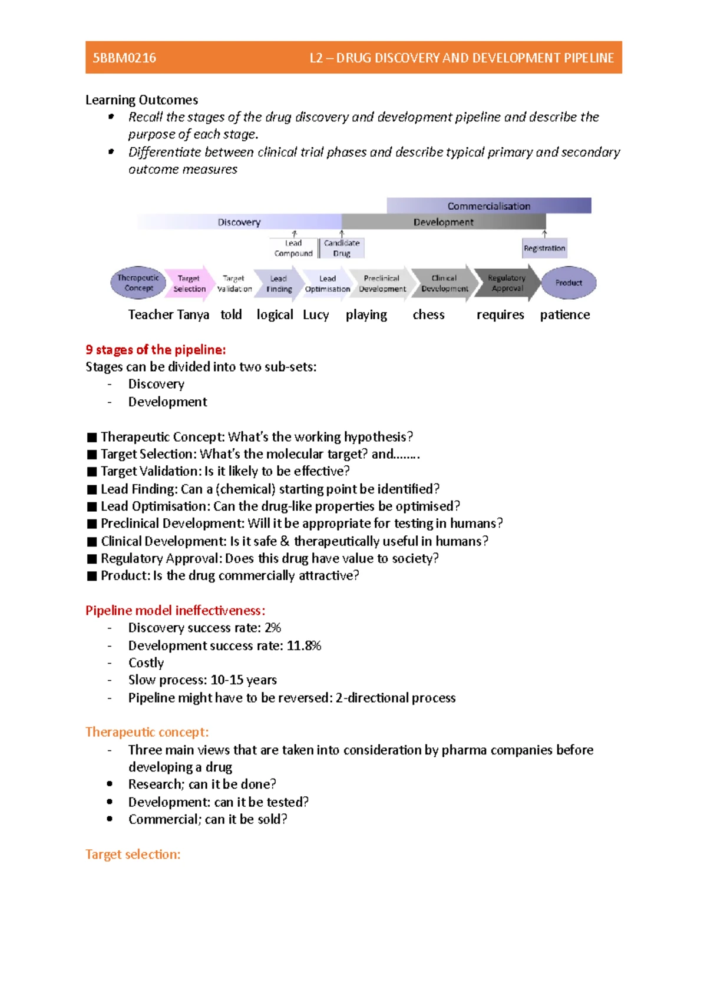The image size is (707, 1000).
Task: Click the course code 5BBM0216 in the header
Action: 124,58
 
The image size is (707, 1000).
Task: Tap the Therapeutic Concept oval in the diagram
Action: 138,283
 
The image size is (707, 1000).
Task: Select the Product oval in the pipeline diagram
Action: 569,283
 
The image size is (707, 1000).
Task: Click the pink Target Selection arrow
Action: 189,283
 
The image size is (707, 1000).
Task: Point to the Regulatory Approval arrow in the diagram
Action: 507,283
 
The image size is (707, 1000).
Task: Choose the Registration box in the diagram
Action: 544,248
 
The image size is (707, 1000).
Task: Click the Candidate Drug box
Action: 342,248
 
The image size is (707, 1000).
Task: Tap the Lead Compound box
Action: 293,248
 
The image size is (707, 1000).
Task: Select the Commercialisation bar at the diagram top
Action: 488,206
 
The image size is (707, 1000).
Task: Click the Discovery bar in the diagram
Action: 239,222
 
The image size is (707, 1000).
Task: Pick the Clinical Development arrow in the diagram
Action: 444,283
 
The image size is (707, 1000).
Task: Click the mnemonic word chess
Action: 428,314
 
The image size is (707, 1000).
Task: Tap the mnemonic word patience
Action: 564,314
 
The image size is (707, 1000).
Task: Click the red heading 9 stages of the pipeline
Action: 156,349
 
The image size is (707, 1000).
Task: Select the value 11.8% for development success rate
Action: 304,645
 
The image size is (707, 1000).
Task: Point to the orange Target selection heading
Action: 133,854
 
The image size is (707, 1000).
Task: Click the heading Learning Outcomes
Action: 141,100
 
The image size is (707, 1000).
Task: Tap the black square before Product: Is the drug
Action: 91,576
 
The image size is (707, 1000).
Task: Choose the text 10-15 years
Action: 243,680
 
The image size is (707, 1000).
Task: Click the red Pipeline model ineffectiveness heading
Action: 175,610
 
